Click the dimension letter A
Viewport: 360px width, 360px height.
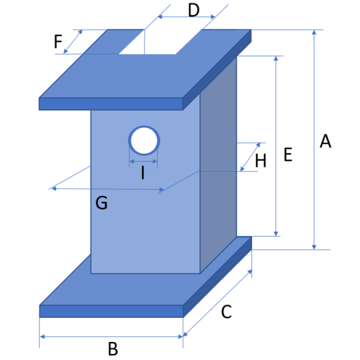325,141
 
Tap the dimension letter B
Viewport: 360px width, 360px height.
113,349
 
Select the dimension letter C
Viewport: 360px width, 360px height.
227,311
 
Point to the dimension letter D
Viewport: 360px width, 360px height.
193,10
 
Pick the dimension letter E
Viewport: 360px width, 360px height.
288,155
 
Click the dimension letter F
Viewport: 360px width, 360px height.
58,41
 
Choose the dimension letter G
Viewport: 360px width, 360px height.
101,203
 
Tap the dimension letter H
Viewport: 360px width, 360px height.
261,161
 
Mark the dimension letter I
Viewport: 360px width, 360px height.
143,173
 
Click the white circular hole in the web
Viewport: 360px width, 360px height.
144,141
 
